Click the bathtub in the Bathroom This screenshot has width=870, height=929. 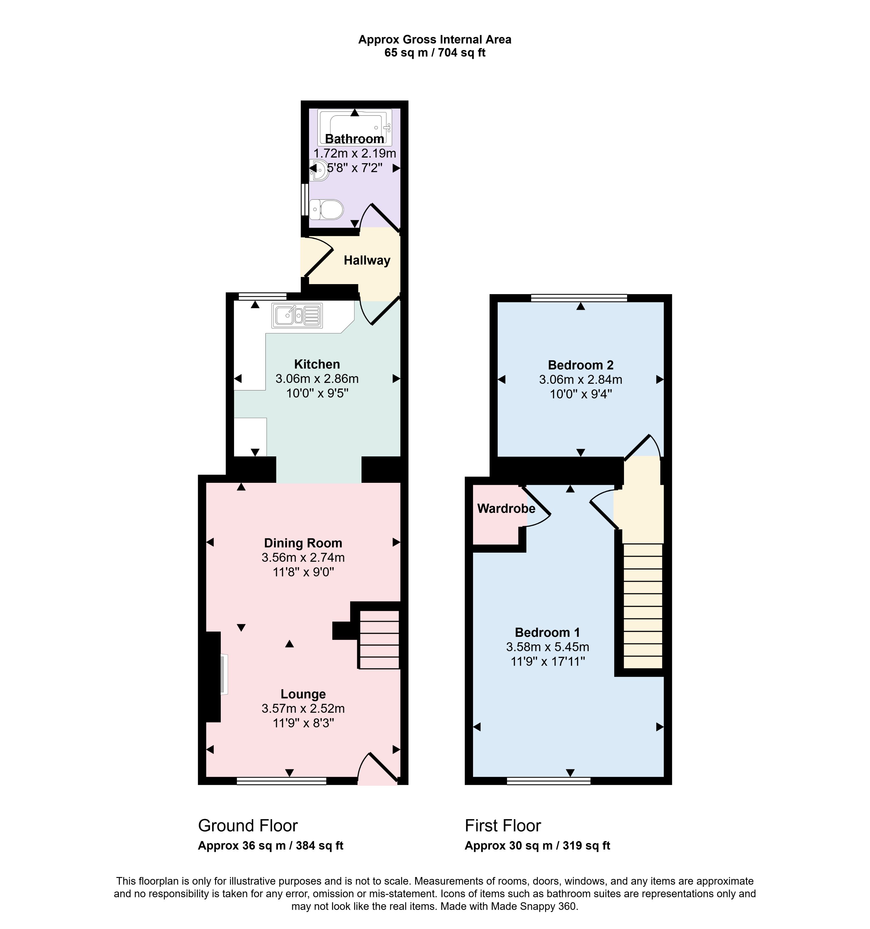click(355, 127)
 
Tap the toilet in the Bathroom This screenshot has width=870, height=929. click(326, 209)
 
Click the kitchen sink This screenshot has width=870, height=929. click(297, 315)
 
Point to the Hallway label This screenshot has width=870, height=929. click(367, 260)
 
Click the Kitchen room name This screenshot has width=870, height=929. click(317, 364)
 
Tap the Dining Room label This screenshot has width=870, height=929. click(303, 543)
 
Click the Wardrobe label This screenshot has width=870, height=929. click(506, 508)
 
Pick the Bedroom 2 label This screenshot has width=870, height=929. click(580, 365)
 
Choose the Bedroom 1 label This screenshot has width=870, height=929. click(547, 632)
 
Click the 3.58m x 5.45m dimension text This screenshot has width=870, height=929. click(547, 647)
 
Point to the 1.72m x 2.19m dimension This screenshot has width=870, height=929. click(355, 153)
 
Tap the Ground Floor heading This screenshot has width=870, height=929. click(248, 826)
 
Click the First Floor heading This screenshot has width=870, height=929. click(503, 826)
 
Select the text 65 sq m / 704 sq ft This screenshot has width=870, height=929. click(434, 53)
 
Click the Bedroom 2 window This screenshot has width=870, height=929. click(579, 298)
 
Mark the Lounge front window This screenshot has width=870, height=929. click(281, 780)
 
